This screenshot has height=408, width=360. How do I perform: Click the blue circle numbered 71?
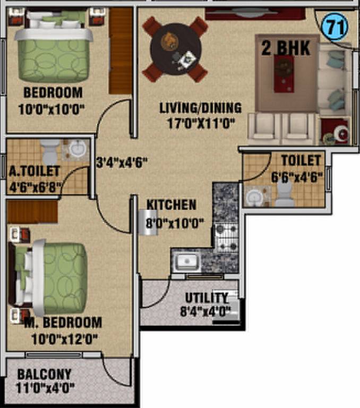pos(333,28)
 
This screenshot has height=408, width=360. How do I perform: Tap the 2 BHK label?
pos(285,48)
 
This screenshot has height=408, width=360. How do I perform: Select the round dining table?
pos(175,49)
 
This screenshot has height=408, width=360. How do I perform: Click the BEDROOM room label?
pos(53,93)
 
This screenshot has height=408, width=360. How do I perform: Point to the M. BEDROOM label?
pos(63,322)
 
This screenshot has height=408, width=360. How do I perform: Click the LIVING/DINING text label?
pos(200,108)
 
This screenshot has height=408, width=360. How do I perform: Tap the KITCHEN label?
pos(172,205)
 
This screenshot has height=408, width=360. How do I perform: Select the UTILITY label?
pos(206,297)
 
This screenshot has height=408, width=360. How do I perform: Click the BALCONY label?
pos(44,374)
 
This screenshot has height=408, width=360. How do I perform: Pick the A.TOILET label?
pos(34,172)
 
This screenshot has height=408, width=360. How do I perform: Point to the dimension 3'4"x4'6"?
pos(121,161)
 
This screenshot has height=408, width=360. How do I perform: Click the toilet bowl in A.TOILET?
pos(49,152)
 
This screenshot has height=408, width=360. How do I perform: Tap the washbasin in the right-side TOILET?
pos(254,197)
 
